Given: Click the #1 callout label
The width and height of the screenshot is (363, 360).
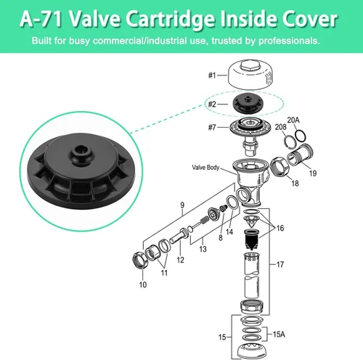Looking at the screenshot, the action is click(x=212, y=75).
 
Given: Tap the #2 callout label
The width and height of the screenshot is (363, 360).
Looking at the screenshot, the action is click(x=212, y=104).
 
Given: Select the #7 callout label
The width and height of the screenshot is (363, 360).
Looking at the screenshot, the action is click(x=212, y=127).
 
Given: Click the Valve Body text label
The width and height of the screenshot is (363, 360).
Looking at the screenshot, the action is click(x=205, y=168).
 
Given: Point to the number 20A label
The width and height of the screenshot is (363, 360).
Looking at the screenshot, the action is click(x=293, y=120).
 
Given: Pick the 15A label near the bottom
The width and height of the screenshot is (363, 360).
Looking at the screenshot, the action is click(x=279, y=335).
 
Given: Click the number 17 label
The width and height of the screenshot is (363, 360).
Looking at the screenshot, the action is click(x=280, y=264).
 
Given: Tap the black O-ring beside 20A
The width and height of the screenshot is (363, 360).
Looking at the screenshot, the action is click(x=301, y=136).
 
